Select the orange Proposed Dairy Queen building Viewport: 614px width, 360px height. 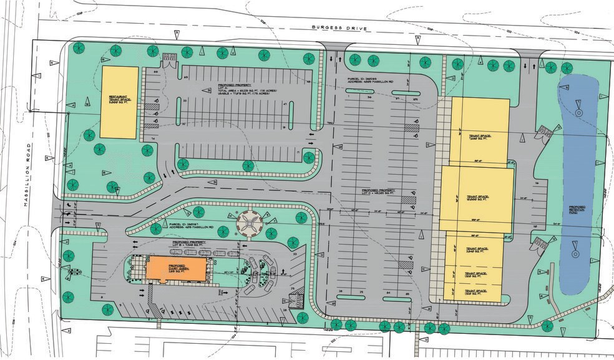(x=175, y=270)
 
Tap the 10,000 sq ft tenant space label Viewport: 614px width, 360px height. (x=476, y=198)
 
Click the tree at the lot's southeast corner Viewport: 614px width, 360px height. (x=547, y=325)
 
